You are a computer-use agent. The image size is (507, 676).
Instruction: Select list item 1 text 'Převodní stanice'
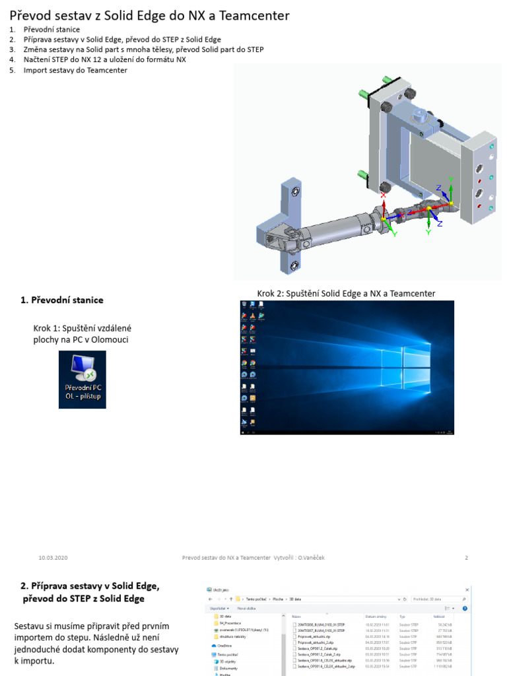[51, 30]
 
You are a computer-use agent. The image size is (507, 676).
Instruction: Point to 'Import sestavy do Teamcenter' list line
[75, 69]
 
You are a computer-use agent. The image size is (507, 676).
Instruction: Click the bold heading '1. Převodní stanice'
[61, 300]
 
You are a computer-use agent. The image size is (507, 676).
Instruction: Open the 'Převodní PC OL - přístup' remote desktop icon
[82, 379]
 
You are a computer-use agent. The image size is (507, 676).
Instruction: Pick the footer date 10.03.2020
[53, 558]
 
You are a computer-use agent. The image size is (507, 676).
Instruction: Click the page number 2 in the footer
[466, 558]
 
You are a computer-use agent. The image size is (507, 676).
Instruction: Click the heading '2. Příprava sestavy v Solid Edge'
[90, 586]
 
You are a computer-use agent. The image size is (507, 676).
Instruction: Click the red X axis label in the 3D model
[384, 195]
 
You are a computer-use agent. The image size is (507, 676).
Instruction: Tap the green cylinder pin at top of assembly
[363, 92]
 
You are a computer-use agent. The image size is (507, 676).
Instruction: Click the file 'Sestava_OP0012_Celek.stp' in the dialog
[318, 648]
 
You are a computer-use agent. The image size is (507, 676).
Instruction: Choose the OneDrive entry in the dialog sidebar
[224, 645]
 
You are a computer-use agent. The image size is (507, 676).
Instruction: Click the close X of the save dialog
[467, 590]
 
